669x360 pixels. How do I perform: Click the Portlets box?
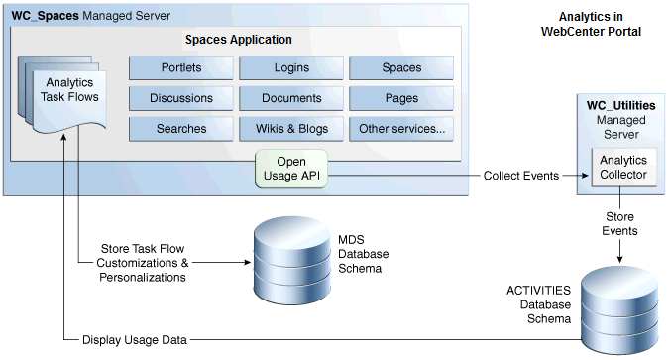click(x=181, y=68)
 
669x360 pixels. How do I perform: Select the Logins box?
click(x=291, y=68)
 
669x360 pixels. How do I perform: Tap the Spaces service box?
click(x=401, y=68)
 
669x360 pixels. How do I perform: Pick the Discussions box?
click(x=181, y=98)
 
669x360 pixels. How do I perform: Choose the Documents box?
click(x=291, y=98)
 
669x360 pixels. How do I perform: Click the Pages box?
click(x=401, y=98)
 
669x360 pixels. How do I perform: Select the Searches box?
click(x=181, y=128)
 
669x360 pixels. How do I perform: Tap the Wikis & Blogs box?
click(x=291, y=128)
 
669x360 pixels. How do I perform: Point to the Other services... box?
click(x=401, y=128)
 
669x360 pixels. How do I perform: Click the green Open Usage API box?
click(x=290, y=168)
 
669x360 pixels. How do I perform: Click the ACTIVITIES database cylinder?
click(x=618, y=303)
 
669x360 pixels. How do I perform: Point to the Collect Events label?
click(x=520, y=176)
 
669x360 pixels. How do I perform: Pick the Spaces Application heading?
click(x=239, y=40)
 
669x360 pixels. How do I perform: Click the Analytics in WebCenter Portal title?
click(x=591, y=24)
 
